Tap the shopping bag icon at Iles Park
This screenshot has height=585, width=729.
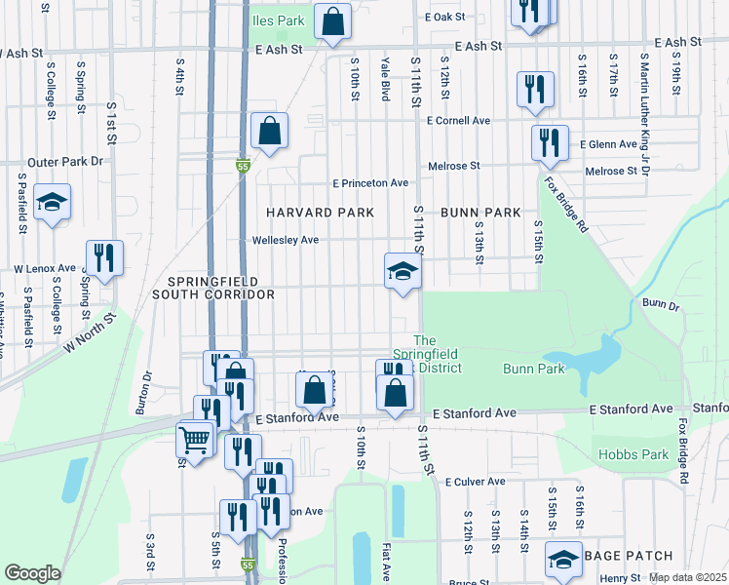(x=332, y=21)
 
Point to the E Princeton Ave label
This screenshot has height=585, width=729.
(x=369, y=182)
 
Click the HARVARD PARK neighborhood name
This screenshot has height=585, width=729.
(x=307, y=212)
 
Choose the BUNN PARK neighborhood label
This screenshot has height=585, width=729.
(x=480, y=212)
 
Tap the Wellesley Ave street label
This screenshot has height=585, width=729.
(x=286, y=240)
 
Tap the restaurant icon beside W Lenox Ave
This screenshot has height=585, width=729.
(x=104, y=258)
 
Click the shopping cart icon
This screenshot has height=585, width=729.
(x=195, y=440)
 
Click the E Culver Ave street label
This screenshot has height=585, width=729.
(x=475, y=482)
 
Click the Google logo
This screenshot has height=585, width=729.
(x=32, y=573)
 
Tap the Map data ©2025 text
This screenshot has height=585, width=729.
(x=687, y=578)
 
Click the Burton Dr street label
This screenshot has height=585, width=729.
(x=148, y=389)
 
